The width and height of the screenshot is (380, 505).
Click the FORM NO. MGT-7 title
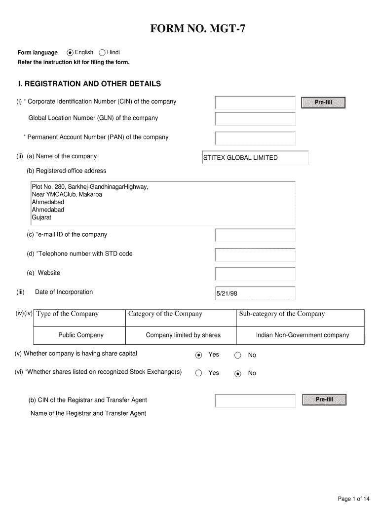[197, 31]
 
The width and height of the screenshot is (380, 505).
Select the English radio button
[71, 53]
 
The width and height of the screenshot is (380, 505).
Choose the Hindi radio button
[102, 53]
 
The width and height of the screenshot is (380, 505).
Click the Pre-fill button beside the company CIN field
[323, 103]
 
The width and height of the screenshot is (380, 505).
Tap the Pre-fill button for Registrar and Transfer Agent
[324, 399]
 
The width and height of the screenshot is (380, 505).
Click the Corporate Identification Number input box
[255, 103]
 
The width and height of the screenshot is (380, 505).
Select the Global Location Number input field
[255, 119]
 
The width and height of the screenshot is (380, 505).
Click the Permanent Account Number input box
[255, 138]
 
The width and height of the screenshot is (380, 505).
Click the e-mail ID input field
[255, 235]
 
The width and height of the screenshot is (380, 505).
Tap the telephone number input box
[255, 254]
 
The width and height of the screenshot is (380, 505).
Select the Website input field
[255, 274]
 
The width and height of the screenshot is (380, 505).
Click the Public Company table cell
[81, 335]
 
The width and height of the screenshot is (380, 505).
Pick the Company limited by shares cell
[183, 335]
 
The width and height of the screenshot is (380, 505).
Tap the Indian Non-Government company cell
[302, 335]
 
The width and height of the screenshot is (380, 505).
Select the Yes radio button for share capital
[198, 355]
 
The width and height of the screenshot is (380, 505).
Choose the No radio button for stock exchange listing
[238, 373]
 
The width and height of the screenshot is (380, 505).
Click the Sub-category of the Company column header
[282, 314]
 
